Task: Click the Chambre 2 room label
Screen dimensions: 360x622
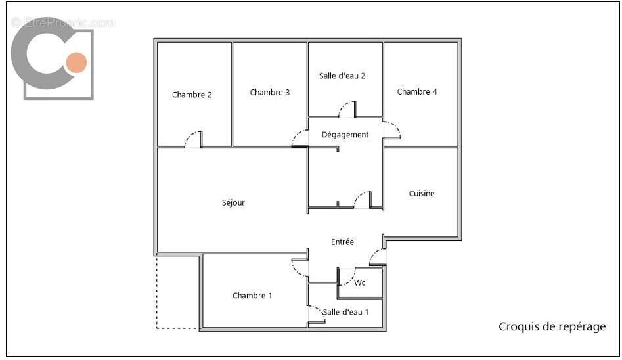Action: click(192, 95)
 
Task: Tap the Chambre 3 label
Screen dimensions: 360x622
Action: click(269, 93)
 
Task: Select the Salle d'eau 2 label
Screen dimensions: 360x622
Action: click(342, 76)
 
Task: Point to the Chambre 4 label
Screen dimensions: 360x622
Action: click(416, 92)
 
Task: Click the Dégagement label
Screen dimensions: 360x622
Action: click(345, 135)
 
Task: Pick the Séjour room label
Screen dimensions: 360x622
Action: click(233, 203)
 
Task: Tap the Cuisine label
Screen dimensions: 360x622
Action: click(422, 194)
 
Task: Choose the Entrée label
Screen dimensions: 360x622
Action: click(342, 242)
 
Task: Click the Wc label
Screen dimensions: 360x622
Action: click(360, 283)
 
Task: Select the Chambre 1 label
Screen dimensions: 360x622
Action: click(252, 296)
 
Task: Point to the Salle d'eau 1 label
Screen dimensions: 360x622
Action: click(346, 312)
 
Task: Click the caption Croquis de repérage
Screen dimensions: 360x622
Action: click(552, 326)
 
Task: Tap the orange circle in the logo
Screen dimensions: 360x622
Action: click(76, 62)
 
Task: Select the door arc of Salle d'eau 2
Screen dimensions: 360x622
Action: click(346, 108)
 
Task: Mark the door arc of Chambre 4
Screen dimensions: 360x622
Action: click(393, 129)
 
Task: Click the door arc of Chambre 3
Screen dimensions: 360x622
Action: click(300, 137)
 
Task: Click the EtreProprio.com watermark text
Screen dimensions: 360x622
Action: click(62, 22)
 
